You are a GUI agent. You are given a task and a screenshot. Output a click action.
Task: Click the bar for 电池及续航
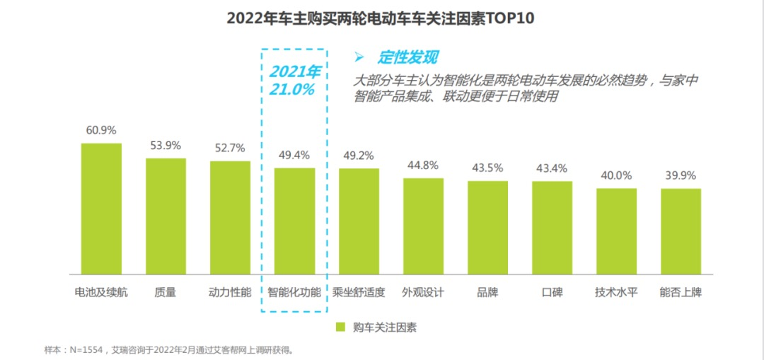tap(101, 209)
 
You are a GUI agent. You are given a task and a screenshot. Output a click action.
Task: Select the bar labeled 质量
tap(166, 216)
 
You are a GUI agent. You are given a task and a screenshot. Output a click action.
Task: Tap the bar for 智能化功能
tap(295, 221)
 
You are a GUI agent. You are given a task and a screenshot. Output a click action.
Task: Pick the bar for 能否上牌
tap(681, 231)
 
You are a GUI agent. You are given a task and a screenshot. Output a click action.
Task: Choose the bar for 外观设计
tap(424, 226)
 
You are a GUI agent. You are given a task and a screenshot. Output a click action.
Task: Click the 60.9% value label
tap(101, 131)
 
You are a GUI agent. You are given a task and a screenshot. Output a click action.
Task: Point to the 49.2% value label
tap(359, 156)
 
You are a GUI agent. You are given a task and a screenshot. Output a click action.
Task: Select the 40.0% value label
tap(616, 175)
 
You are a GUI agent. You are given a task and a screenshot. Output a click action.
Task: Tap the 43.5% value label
tap(487, 168)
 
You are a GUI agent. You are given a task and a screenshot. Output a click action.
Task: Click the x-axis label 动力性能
tap(231, 292)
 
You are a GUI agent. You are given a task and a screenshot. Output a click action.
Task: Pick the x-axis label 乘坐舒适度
tap(359, 292)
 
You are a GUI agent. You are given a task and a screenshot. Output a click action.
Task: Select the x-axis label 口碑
tap(552, 292)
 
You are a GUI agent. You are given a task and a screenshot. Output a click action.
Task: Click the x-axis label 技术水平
tap(616, 292)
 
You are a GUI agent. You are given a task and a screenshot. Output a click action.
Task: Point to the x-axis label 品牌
tap(487, 292)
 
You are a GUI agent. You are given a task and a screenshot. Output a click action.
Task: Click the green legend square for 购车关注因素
tap(340, 327)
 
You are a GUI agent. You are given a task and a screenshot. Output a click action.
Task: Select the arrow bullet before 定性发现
tap(359, 57)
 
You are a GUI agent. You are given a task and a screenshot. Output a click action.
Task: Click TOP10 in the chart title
tap(509, 18)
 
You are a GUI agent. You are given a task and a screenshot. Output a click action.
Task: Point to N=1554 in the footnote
tap(86, 349)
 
